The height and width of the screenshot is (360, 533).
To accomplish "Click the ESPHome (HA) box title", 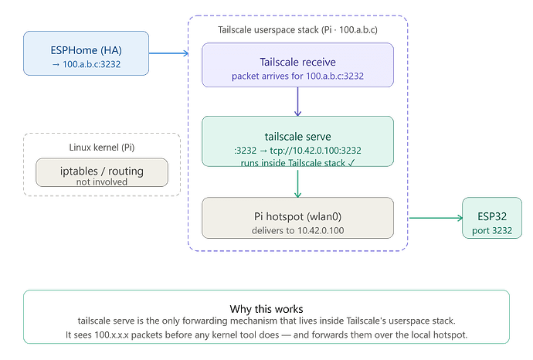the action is (86, 50).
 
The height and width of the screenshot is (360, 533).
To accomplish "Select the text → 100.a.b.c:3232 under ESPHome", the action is (86, 64).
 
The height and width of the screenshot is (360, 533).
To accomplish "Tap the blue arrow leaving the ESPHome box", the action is (168, 53).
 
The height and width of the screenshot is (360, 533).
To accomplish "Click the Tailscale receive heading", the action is (297, 62).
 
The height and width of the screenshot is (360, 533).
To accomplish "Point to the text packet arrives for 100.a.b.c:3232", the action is (297, 76).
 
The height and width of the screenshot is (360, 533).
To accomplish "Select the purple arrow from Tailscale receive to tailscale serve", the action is (297, 102).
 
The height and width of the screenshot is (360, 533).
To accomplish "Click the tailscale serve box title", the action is (297, 136).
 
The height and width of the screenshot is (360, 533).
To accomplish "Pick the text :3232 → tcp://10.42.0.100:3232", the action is (297, 150).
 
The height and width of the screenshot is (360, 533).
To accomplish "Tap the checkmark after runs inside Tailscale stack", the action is (351, 163).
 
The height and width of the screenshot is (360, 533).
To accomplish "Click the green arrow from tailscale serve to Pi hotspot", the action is (297, 184).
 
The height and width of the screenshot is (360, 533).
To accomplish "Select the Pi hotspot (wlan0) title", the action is (297, 216).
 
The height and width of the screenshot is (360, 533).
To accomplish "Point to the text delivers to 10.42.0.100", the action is (297, 230).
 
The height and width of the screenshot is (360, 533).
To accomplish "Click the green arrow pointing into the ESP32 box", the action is (436, 218).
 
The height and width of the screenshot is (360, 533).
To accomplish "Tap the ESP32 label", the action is (492, 216).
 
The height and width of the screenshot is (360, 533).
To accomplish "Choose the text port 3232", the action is (492, 230).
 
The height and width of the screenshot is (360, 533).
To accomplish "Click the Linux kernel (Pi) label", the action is (102, 148).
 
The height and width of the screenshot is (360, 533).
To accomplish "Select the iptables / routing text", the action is (102, 171).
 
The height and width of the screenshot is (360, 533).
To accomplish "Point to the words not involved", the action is (102, 182).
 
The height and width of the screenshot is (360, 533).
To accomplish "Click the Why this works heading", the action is (266, 309).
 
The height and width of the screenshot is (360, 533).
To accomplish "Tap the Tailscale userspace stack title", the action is (297, 30).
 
